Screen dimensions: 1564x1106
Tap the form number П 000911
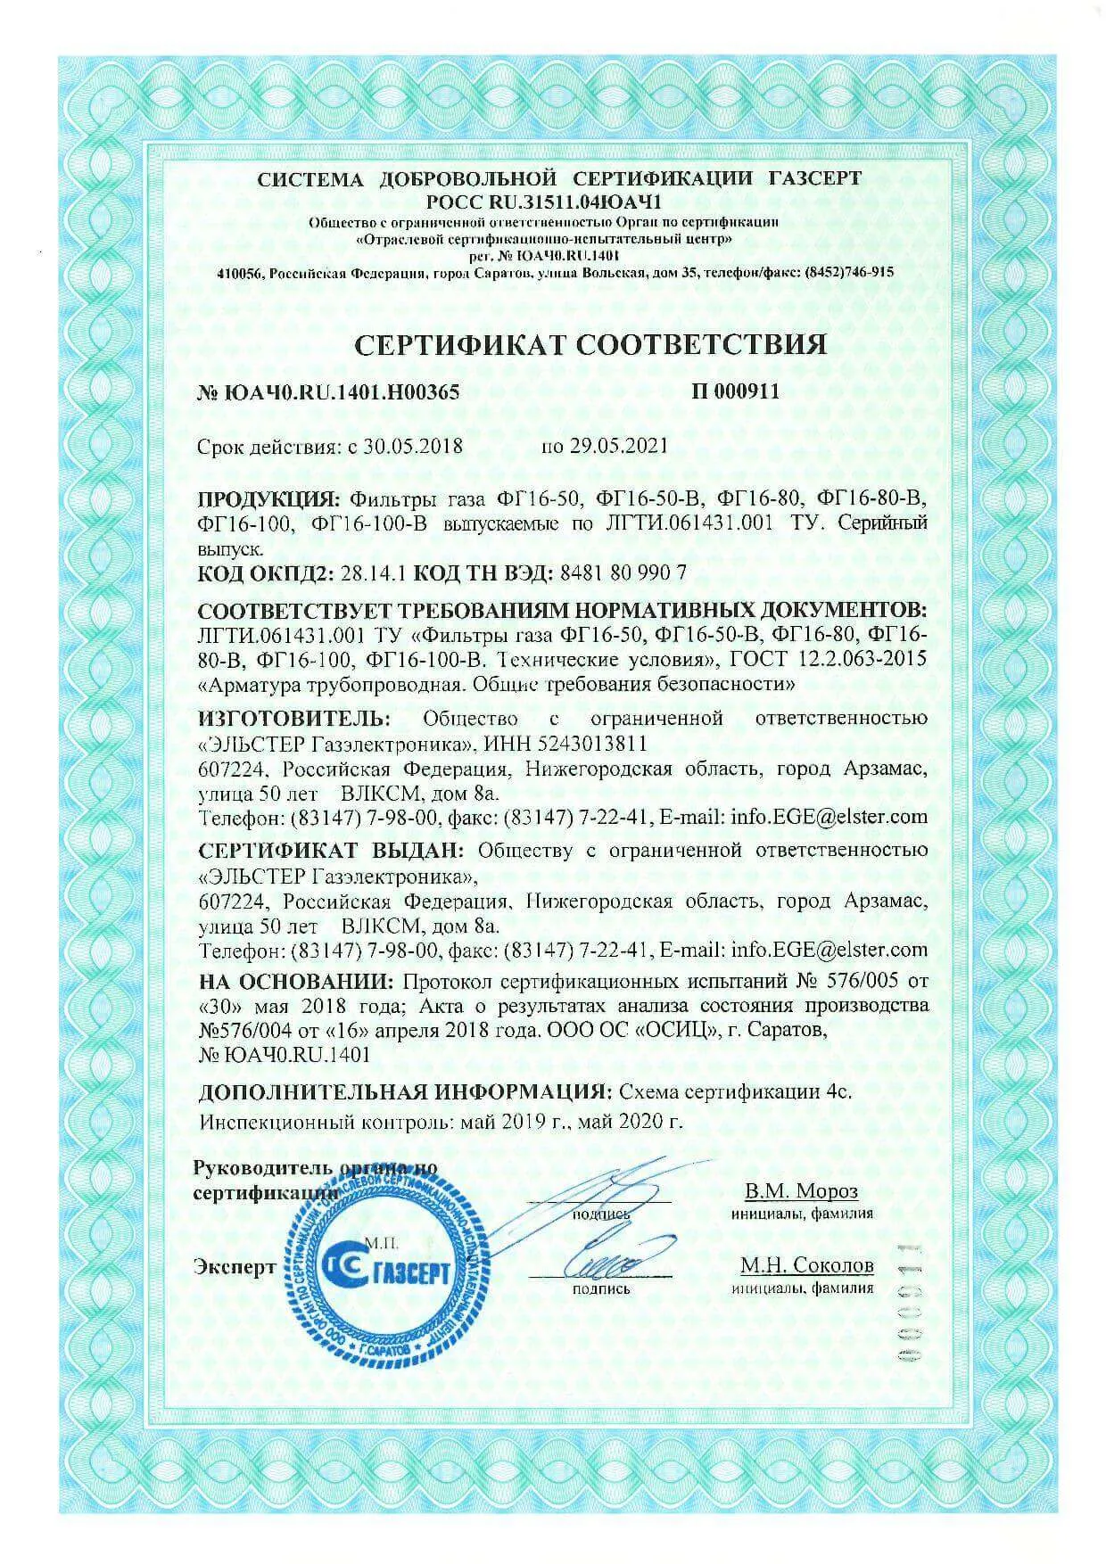point(735,391)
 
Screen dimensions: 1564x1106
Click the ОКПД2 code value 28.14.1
point(376,572)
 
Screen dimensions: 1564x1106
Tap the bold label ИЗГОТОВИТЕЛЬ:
point(293,718)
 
